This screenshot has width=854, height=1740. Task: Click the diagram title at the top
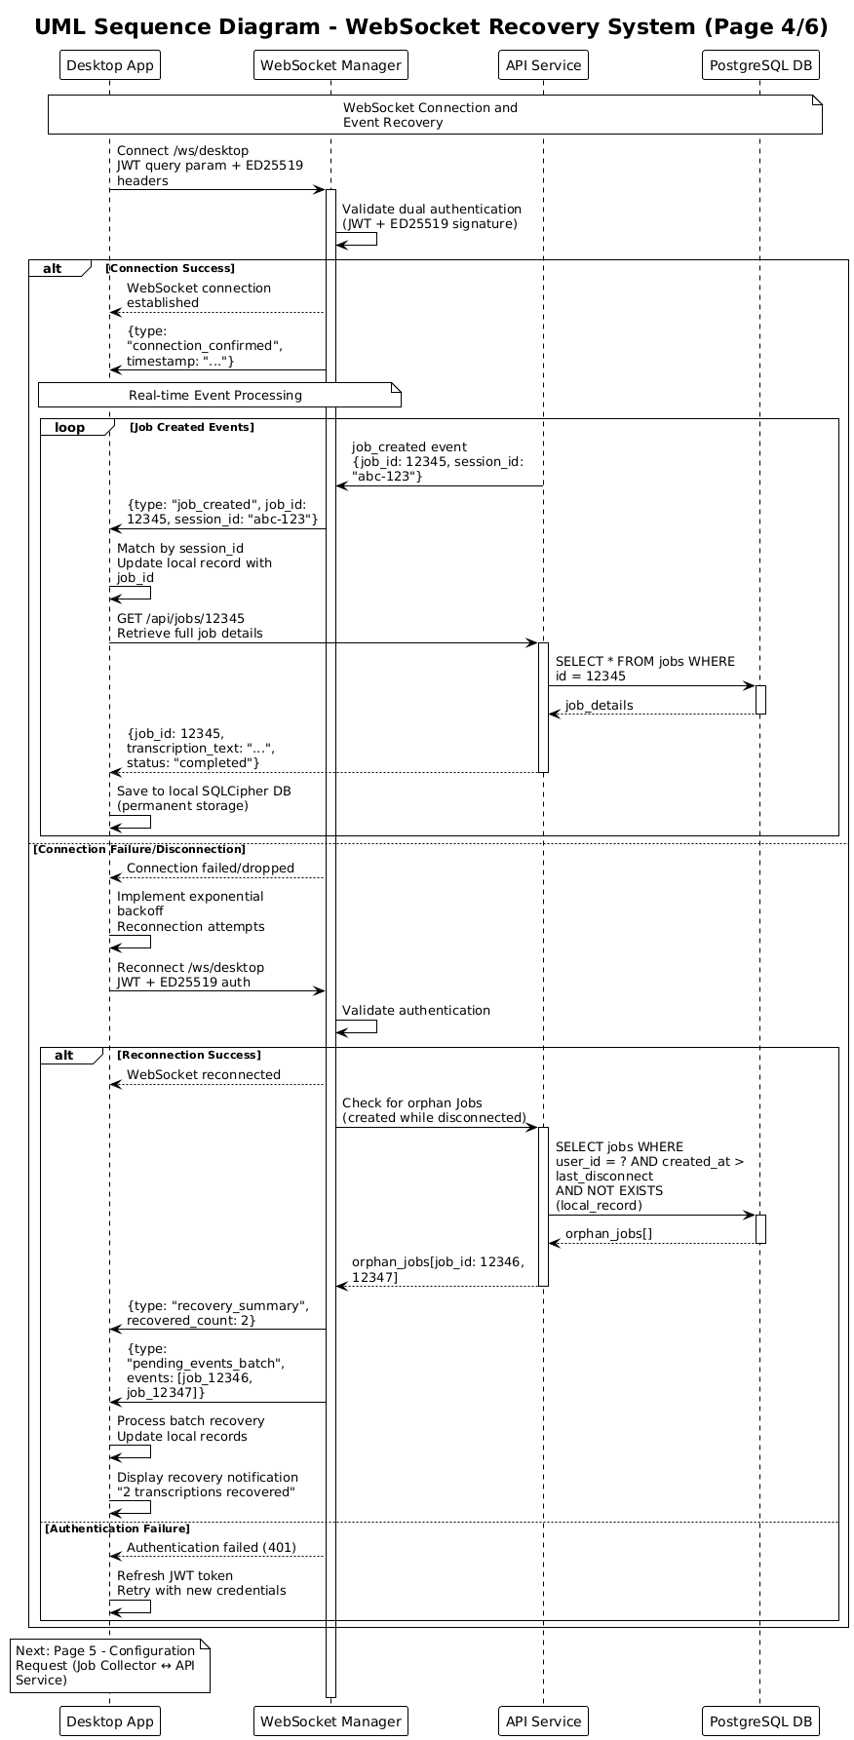[431, 27]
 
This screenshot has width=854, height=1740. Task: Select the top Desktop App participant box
[109, 65]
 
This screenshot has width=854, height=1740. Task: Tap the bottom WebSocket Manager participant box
[330, 1721]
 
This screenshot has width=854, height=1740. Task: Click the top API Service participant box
[543, 65]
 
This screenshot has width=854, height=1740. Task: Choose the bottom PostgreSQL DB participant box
[760, 1721]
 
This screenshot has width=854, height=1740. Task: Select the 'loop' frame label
[70, 427]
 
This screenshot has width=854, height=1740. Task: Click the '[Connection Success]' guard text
[170, 268]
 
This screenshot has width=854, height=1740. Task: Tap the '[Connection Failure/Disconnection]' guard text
[139, 849]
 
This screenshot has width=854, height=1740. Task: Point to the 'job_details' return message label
[599, 705]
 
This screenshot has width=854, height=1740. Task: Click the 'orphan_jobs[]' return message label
[608, 1233]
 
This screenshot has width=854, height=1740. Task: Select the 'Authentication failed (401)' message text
[212, 1547]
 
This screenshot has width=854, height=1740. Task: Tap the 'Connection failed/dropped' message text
[211, 868]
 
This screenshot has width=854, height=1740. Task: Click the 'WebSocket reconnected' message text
[204, 1074]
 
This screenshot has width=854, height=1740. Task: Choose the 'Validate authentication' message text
[416, 1010]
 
